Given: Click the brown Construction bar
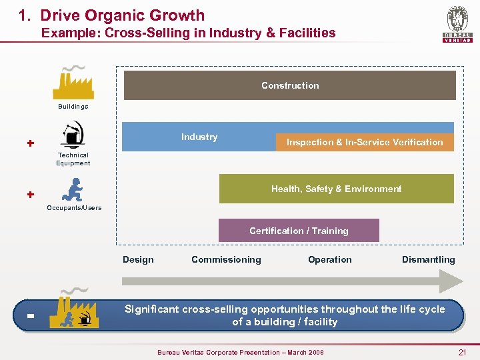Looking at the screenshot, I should tap(289, 85).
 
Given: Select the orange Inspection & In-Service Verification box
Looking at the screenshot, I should tap(364, 142).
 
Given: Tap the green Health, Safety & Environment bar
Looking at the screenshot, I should tap(336, 189).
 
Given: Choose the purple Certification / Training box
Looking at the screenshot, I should tap(299, 231).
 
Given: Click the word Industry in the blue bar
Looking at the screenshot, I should tap(199, 137).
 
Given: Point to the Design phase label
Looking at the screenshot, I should tap(138, 259).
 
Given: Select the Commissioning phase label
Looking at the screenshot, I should tap(226, 259).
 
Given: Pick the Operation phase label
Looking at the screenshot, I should tap(329, 259).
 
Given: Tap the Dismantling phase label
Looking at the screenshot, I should tap(428, 259).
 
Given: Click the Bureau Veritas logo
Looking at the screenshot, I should tap(457, 25).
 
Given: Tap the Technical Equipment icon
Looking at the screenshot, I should tap(73, 134).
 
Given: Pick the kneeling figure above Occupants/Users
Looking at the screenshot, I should tap(73, 189).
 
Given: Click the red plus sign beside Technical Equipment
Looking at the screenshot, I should tap(30, 143).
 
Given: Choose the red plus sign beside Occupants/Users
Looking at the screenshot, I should tap(30, 195).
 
